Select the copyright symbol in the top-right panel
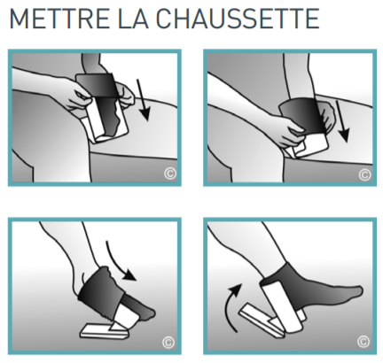click(x=363, y=174)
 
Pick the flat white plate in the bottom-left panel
click(x=105, y=329)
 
